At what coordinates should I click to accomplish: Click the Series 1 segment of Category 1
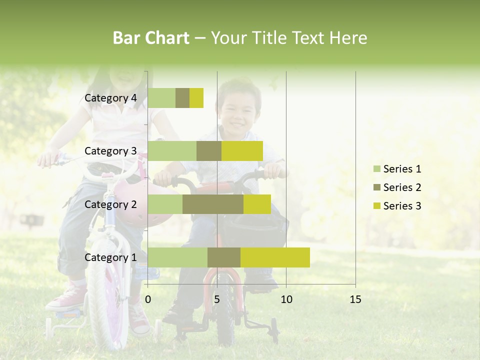click(177, 257)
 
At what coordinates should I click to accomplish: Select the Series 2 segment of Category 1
click(224, 257)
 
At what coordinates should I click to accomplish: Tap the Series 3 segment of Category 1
click(275, 257)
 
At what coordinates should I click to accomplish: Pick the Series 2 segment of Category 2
click(213, 204)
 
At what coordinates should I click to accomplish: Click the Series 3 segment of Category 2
click(257, 204)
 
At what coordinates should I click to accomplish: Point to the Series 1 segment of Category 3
click(172, 151)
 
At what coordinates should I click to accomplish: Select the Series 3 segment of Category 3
click(242, 151)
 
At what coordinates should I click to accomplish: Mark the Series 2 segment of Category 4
click(182, 98)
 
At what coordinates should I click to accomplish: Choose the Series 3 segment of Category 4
click(196, 98)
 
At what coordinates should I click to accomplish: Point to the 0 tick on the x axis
click(148, 299)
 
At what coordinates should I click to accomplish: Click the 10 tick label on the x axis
click(286, 299)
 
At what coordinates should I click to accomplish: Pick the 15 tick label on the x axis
click(355, 299)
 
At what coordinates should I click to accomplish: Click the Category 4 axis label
click(110, 98)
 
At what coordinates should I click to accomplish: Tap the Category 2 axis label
click(110, 204)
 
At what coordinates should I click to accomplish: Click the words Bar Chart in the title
click(151, 38)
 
